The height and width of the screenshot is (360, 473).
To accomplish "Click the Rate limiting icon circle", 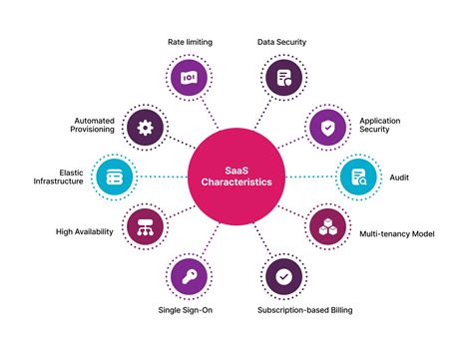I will tap(187, 77).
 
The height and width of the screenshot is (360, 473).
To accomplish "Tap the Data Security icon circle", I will tap(285, 77).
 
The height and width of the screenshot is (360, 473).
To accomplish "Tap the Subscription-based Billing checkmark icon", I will tap(285, 275).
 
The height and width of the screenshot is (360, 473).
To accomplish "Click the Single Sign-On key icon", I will tap(187, 275).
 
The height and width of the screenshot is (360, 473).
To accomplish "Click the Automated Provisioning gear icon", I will tap(146, 127).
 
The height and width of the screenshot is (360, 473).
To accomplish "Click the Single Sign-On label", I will tap(187, 310).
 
